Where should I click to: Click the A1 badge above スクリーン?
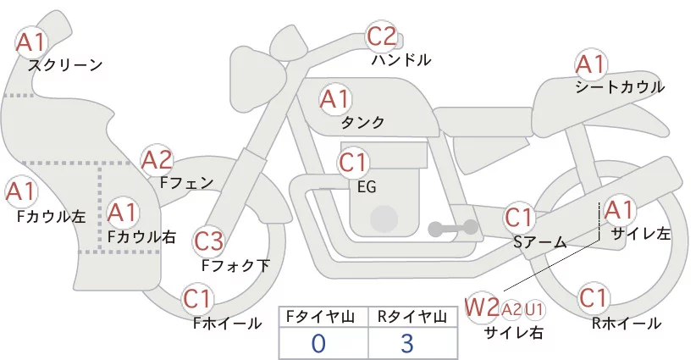click(x=33, y=40)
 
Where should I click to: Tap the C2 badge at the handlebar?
click(x=381, y=36)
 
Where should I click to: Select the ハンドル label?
click(x=401, y=60)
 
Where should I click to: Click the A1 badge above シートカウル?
click(x=590, y=64)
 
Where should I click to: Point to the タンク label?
click(x=362, y=123)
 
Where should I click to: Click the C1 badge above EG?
click(x=353, y=162)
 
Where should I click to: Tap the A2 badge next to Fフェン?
click(x=157, y=158)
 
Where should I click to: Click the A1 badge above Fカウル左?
click(x=20, y=191)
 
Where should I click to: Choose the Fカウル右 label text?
click(x=142, y=237)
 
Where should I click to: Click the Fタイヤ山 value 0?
click(x=318, y=343)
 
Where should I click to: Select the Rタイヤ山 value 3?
click(x=407, y=343)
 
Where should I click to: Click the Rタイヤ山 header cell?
click(x=411, y=317)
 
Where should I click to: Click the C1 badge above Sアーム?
click(x=519, y=218)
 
